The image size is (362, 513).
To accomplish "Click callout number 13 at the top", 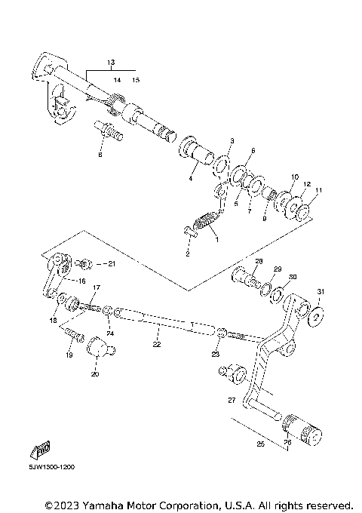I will [110, 61].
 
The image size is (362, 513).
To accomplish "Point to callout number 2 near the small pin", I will [189, 254].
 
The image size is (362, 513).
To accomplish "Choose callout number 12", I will [307, 184].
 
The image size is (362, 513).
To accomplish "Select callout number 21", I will [111, 263].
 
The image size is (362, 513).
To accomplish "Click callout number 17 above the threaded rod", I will [97, 287].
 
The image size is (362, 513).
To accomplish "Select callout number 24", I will [110, 333].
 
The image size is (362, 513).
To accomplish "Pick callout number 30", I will [293, 276].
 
